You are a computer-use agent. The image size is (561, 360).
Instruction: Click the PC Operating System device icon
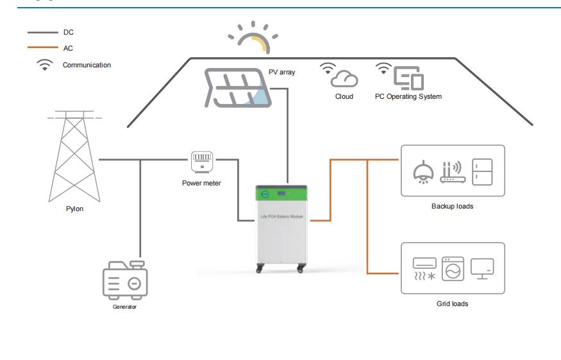point(408,77)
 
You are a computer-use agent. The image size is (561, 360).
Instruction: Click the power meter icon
point(201,160)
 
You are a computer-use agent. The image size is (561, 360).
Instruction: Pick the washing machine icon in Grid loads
point(453,269)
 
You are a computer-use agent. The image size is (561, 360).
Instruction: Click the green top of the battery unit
point(281,193)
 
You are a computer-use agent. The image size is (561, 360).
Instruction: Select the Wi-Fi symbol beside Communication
point(45,65)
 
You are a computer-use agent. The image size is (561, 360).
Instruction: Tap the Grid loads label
point(452,304)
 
